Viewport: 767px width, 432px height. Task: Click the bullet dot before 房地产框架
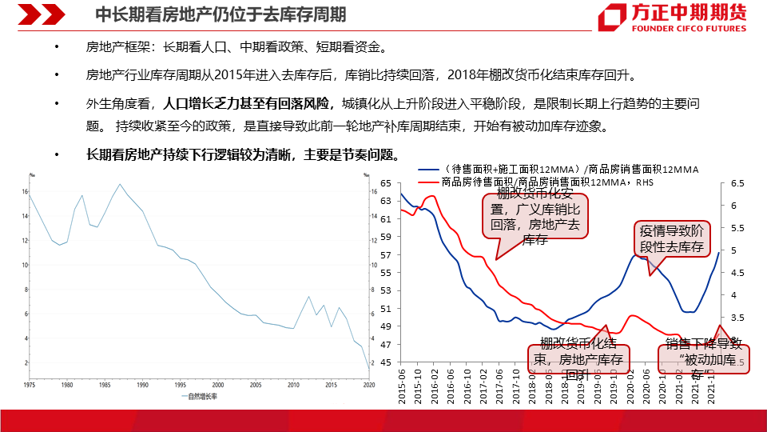57,49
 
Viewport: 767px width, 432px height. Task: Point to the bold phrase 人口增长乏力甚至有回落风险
246,104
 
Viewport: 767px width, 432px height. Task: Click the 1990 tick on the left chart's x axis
142,385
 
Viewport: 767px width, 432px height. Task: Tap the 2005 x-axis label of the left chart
255,385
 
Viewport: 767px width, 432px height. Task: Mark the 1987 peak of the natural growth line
120,185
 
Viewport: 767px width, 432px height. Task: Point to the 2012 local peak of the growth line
309,297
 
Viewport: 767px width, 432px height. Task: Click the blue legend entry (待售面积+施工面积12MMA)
558,170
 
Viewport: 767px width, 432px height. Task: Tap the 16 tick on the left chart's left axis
27,192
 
